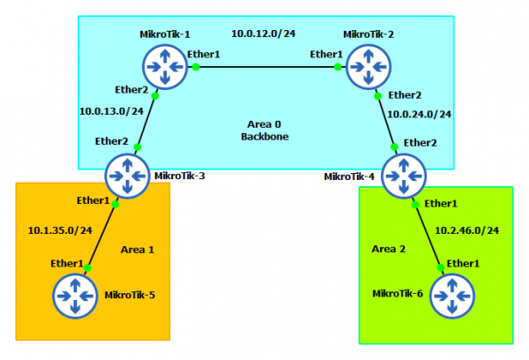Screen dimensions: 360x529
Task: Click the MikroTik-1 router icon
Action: tap(166, 67)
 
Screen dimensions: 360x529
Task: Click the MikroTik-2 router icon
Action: tap(368, 67)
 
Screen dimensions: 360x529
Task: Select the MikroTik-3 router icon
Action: tap(128, 176)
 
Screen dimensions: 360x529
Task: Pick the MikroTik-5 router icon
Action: tap(75, 295)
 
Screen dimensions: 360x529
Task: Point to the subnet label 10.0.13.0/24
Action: tap(111, 112)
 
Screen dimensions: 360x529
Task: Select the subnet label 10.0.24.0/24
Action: tap(420, 114)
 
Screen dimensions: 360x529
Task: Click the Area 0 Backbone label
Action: tap(264, 131)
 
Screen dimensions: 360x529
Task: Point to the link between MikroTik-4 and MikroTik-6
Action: tap(428, 233)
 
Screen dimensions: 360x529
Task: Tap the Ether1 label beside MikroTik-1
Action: tap(204, 55)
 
